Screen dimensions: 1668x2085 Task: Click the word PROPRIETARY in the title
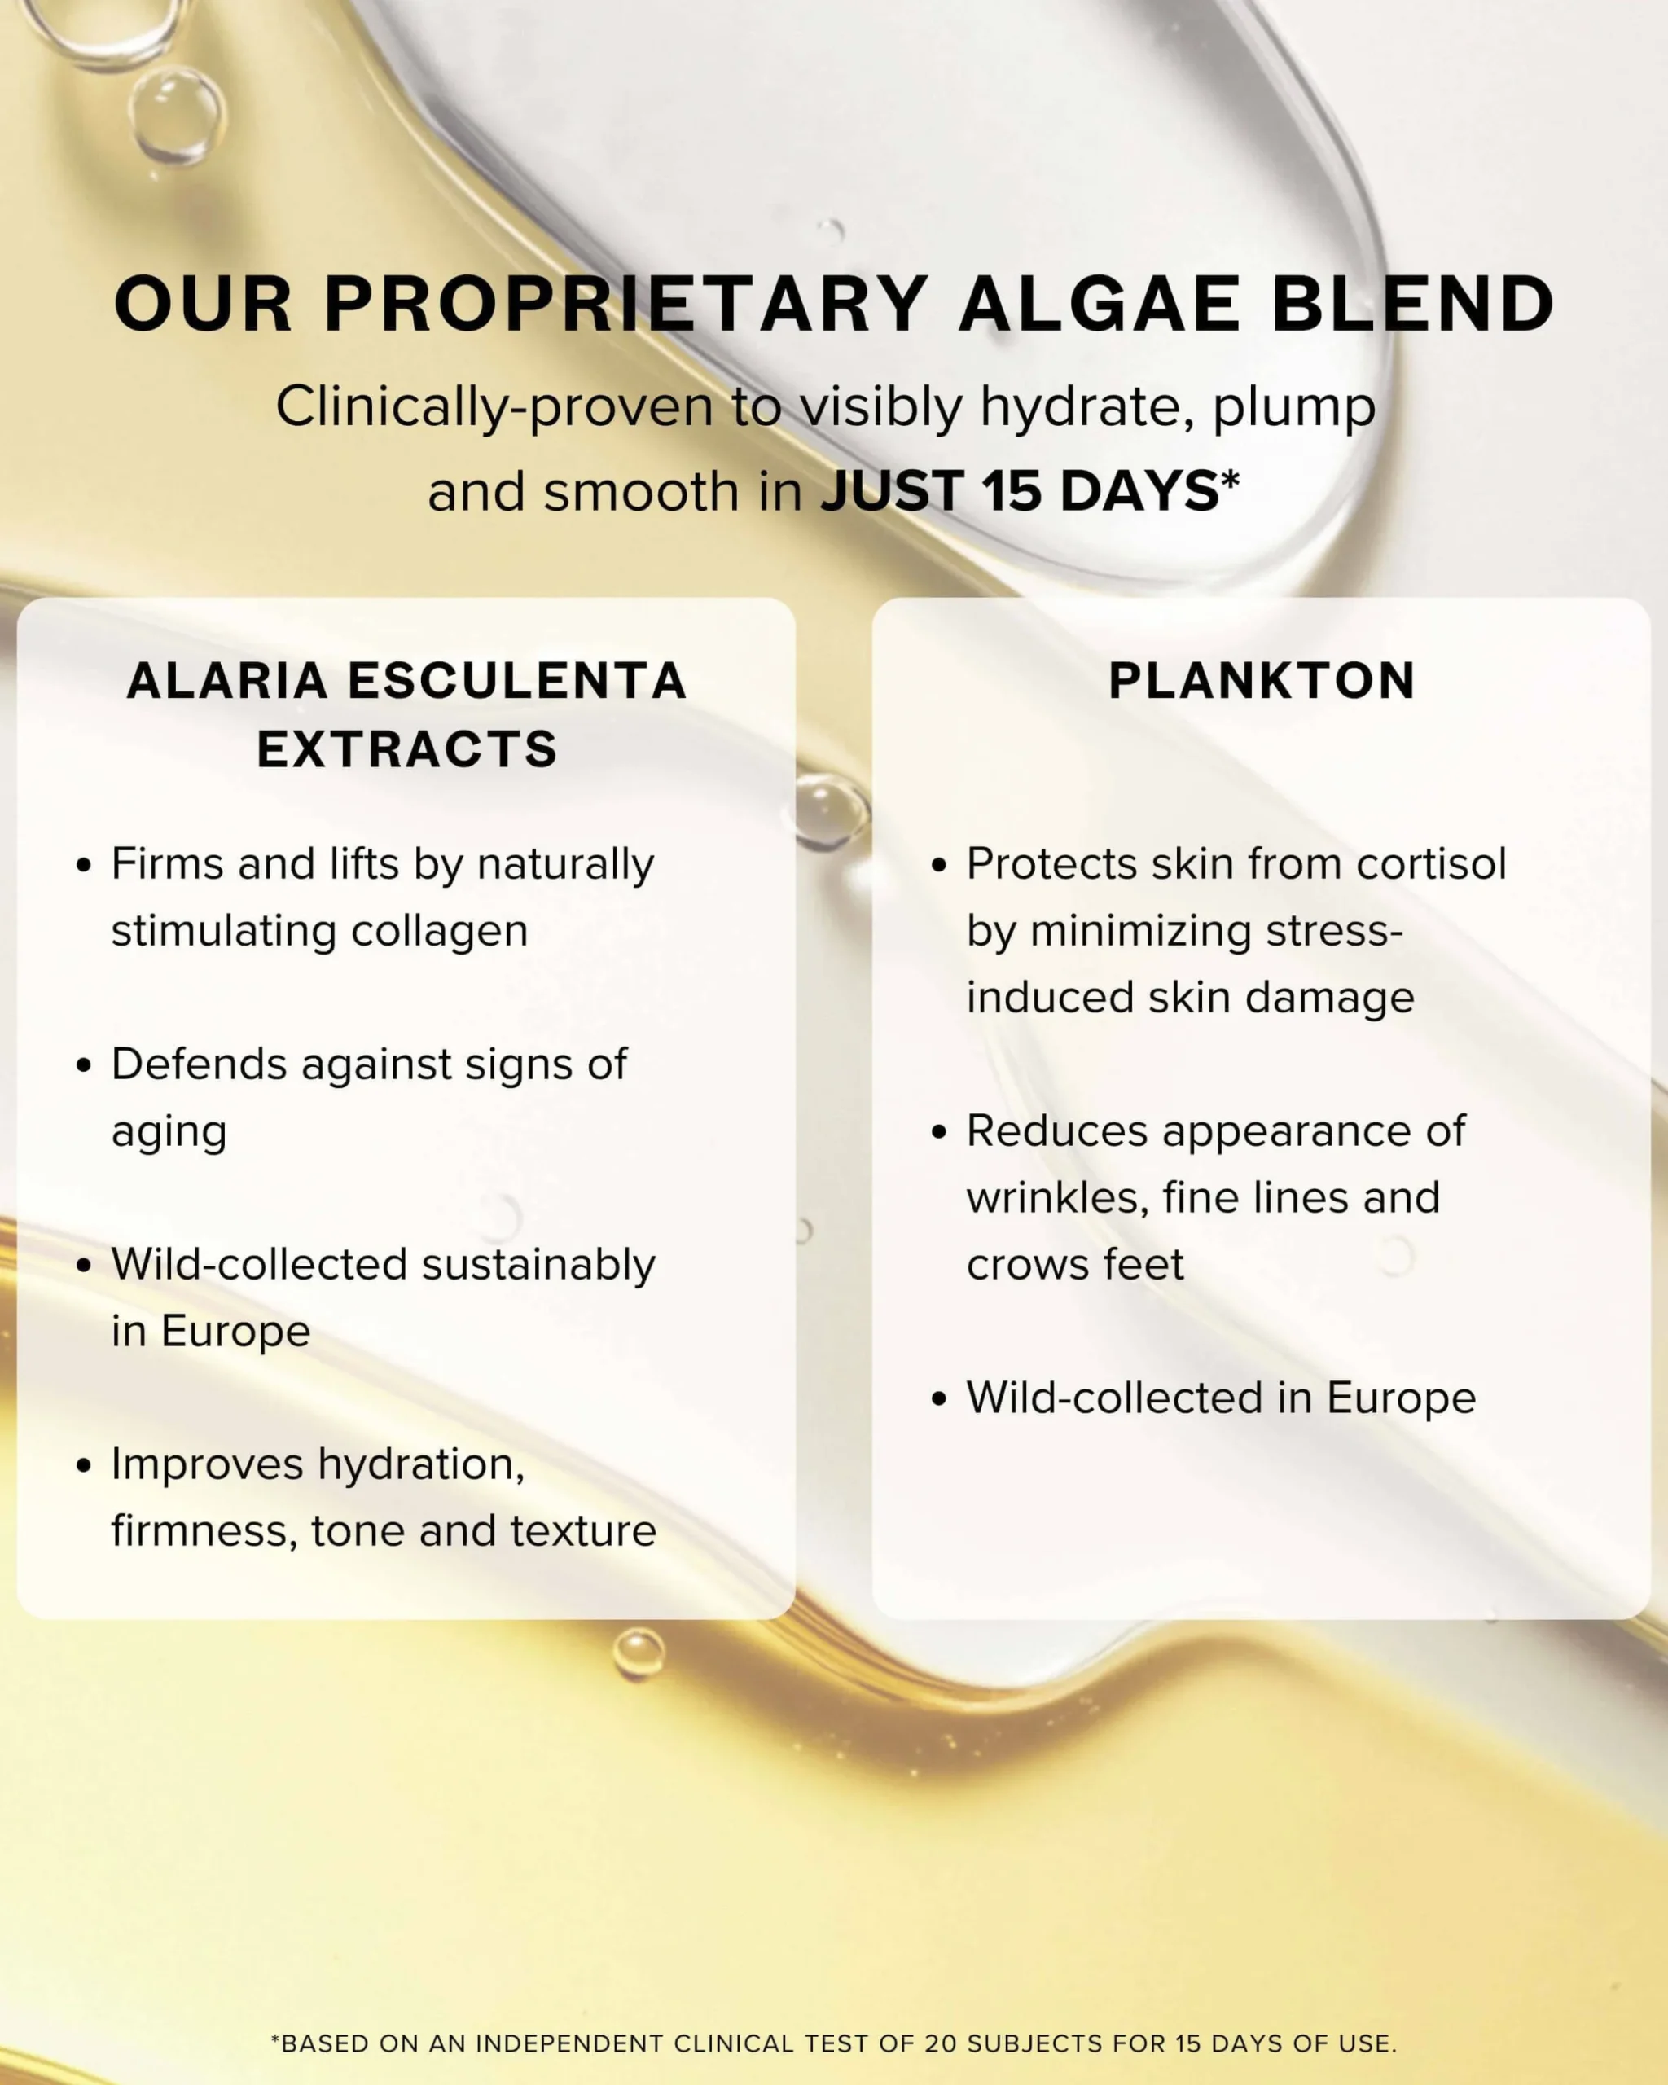click(625, 304)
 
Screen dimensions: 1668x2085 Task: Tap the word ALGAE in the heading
click(1100, 304)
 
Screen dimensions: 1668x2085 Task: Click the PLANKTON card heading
click(1262, 680)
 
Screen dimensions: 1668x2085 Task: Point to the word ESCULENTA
click(517, 680)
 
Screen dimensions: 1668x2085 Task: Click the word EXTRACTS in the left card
click(407, 749)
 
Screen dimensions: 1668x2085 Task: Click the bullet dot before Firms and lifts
click(84, 865)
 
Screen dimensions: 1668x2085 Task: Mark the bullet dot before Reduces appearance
click(939, 1131)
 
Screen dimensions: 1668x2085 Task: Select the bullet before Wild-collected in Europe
click(939, 1398)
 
